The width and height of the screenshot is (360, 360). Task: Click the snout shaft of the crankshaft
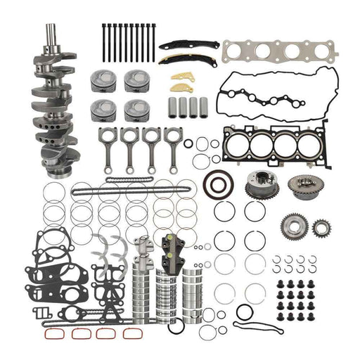(x=51, y=39)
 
